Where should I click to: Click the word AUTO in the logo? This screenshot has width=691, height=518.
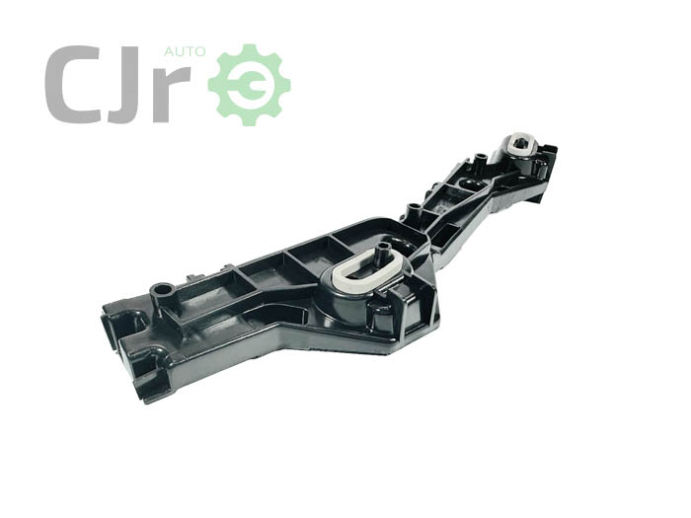pos(185,52)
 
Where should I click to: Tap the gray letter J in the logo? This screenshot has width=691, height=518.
pos(127,85)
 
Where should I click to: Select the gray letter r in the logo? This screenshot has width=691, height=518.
pos(172,95)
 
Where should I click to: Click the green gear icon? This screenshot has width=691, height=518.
pos(249,85)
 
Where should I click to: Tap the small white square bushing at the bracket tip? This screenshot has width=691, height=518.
pos(522,143)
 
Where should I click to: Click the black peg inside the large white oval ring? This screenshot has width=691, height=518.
pos(380,255)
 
